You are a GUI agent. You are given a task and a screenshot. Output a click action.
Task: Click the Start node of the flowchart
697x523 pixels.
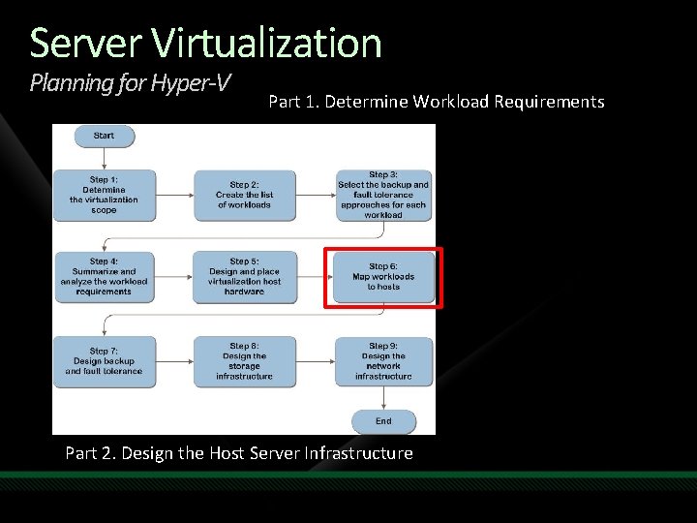pos(104,136)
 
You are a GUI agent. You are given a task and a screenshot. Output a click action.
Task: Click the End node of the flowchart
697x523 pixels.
pos(383,421)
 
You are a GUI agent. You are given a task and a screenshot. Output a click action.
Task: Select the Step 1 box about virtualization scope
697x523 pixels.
pos(104,195)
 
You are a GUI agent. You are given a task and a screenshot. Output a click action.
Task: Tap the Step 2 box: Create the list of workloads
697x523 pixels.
pos(244,195)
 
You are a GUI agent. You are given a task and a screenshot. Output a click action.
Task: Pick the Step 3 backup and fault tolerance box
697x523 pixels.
pos(383,195)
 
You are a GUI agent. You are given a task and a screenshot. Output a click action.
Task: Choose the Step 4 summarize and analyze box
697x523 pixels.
pos(104,276)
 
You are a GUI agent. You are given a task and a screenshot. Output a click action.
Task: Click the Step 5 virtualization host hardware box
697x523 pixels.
pos(244,276)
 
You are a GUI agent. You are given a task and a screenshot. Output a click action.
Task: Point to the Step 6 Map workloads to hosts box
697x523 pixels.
pos(383,277)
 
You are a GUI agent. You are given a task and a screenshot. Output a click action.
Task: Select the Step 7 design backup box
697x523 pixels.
pos(104,361)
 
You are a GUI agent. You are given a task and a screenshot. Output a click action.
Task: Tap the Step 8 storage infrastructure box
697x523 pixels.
pos(244,361)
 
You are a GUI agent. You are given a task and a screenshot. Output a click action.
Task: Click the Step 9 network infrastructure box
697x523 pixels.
pos(383,361)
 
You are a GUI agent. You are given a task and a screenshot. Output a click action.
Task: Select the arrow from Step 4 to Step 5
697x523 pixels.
pos(174,276)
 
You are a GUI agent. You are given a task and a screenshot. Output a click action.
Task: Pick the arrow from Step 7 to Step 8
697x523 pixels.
pos(174,361)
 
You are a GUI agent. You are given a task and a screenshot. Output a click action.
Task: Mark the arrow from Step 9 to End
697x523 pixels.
pos(383,399)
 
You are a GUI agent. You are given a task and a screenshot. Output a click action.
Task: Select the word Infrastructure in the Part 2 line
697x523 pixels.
pos(358,453)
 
